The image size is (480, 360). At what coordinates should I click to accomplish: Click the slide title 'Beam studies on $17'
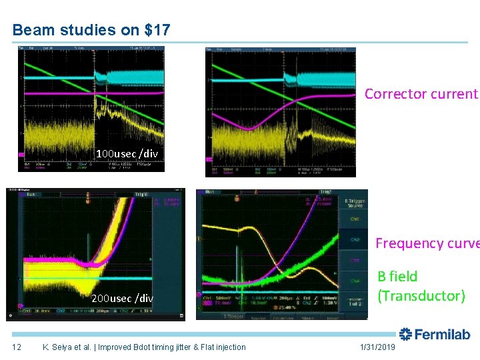coord(91,30)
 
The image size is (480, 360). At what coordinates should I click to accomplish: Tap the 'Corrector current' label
coord(421,94)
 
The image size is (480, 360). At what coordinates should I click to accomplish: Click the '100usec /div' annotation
coord(127,154)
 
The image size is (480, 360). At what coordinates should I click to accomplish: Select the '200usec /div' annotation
coord(122,298)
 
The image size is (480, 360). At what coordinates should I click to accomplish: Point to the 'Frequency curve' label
coord(427,243)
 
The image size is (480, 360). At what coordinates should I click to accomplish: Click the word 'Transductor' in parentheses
coord(421,295)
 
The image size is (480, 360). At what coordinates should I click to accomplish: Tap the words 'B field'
coord(397,276)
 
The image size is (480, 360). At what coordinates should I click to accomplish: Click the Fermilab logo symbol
coord(405,335)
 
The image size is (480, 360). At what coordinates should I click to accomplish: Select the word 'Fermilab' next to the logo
coord(442,335)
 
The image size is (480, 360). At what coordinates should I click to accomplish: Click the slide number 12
coord(17,347)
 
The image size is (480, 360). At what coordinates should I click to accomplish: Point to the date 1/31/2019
coord(378,347)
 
